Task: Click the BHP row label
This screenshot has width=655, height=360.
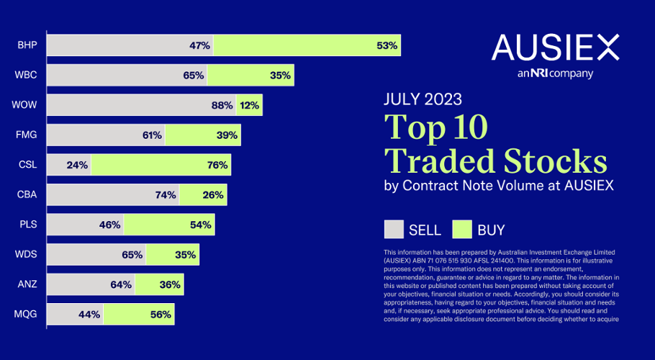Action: point(27,45)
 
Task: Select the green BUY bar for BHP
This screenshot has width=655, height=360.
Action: point(307,45)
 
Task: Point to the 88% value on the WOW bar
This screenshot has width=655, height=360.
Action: point(222,105)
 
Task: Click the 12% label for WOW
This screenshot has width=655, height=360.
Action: point(250,105)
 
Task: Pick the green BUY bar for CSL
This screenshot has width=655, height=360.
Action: point(161,165)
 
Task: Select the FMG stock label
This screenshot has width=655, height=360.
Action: point(27,135)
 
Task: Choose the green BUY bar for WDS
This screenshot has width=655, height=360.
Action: point(173,255)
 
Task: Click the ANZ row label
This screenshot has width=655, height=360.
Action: point(27,284)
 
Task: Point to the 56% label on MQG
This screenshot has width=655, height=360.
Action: point(161,315)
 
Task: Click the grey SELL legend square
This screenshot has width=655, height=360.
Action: point(394,230)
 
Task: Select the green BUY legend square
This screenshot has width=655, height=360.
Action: point(461,230)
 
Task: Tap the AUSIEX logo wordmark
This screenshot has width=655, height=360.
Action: point(555,48)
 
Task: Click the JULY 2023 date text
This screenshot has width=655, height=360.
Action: point(423,99)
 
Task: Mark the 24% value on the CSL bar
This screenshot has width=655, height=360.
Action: point(76,165)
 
